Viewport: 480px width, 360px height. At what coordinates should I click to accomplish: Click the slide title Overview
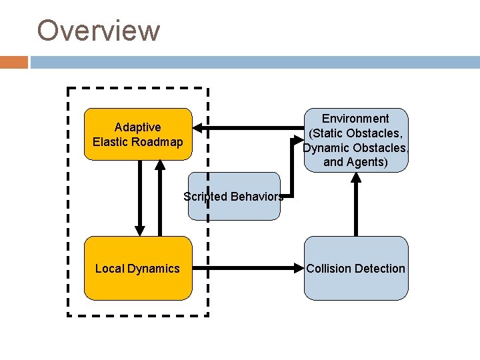[x=98, y=31]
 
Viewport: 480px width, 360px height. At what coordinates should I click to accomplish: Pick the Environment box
[x=356, y=140]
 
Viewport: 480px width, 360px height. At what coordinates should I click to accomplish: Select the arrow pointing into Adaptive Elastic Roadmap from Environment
[x=247, y=127]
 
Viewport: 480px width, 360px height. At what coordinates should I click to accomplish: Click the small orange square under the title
[x=14, y=62]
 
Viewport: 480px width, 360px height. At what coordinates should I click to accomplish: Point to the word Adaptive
[x=137, y=127]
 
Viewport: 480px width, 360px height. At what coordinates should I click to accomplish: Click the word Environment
[x=355, y=118]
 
